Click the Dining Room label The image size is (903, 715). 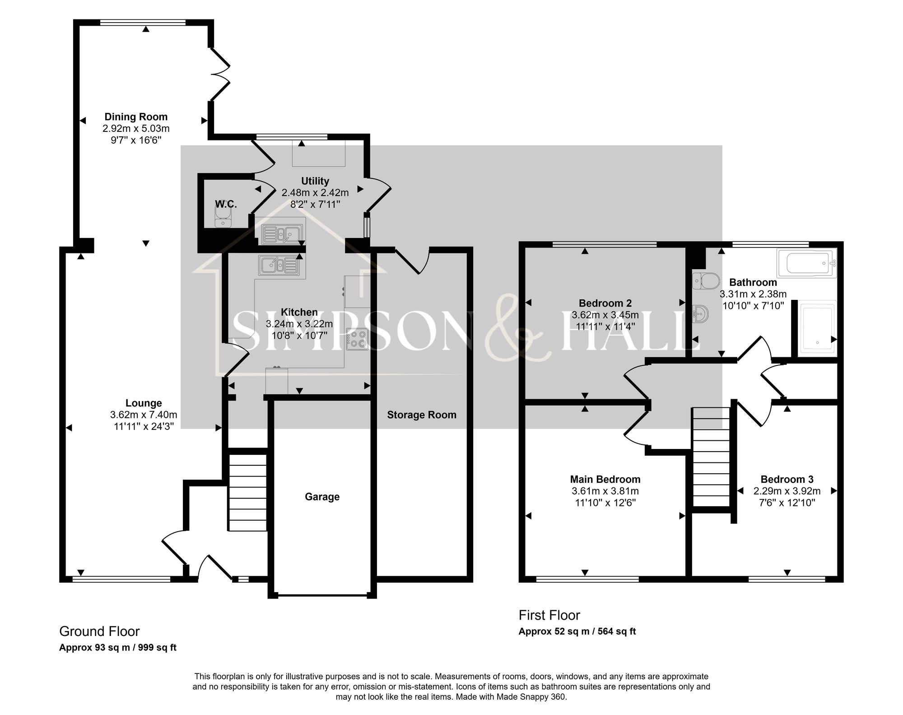[136, 117]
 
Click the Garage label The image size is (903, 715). [322, 497]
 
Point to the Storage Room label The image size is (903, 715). [422, 415]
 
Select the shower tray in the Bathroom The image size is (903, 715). [818, 327]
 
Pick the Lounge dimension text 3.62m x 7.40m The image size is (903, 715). [144, 415]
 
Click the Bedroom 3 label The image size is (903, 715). [787, 479]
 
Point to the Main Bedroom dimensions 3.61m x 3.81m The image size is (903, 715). [605, 491]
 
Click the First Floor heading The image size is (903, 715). [549, 615]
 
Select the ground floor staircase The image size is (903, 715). [247, 492]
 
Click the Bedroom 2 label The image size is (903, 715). [605, 303]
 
